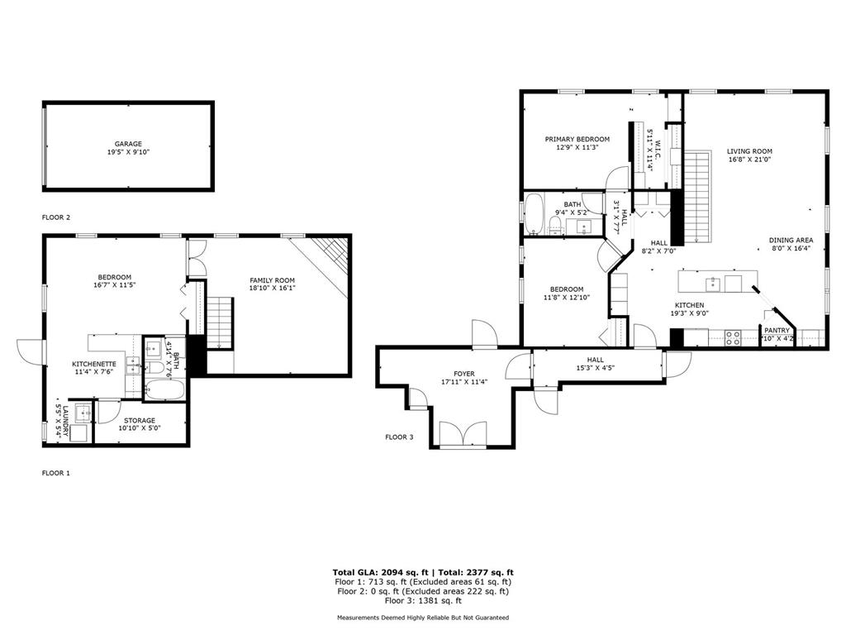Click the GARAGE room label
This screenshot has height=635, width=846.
tap(128, 144)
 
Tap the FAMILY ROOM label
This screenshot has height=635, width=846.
tap(273, 280)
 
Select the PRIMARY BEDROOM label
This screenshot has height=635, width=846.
tap(577, 139)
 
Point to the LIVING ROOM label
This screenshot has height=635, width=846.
tap(749, 151)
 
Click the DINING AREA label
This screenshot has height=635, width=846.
tap(791, 240)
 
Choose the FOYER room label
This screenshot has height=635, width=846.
tap(463, 374)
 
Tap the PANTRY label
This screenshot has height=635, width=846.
tap(777, 330)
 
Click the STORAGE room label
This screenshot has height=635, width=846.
tap(140, 421)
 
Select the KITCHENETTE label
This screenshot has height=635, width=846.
tap(94, 364)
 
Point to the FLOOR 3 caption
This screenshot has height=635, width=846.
tap(399, 437)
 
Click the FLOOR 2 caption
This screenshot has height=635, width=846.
tap(56, 217)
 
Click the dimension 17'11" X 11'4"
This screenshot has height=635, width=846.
tap(463, 383)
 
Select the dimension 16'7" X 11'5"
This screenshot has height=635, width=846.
tap(115, 286)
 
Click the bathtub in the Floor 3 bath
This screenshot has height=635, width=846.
tap(535, 214)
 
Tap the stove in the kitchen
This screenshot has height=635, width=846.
tap(732, 337)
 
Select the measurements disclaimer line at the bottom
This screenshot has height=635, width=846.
tap(423, 618)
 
